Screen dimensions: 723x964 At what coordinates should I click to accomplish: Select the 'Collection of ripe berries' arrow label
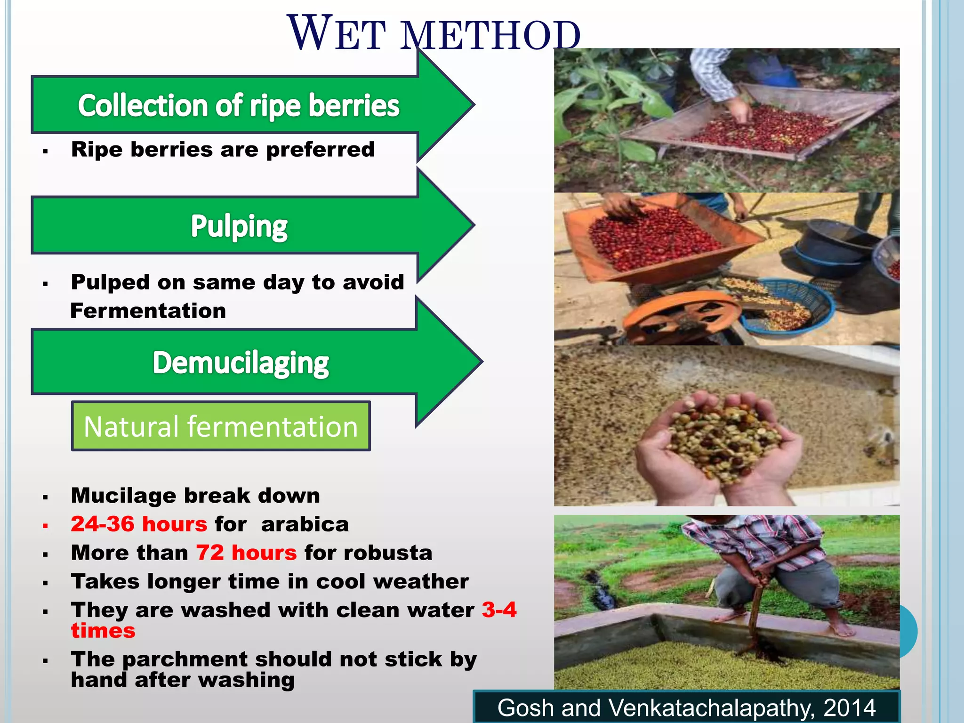pos(239,105)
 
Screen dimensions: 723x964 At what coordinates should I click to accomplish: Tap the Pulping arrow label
pos(239,226)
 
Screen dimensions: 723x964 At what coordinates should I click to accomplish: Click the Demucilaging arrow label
pos(241,363)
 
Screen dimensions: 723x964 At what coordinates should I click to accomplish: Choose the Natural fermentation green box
pos(221,426)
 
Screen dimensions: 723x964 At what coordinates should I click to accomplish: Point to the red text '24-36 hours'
pos(139,524)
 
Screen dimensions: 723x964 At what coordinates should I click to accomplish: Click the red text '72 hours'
pos(246,553)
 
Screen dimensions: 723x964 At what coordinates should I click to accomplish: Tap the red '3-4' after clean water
pos(499,610)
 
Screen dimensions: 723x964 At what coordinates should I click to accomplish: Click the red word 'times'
pos(103,631)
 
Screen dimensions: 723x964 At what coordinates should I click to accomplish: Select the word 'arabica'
pos(305,524)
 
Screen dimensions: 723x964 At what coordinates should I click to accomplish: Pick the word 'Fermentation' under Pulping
pos(148,311)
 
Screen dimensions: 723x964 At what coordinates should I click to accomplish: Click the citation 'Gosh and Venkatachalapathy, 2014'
pos(686,707)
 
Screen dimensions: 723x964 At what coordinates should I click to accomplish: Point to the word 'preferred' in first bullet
pos(320,150)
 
